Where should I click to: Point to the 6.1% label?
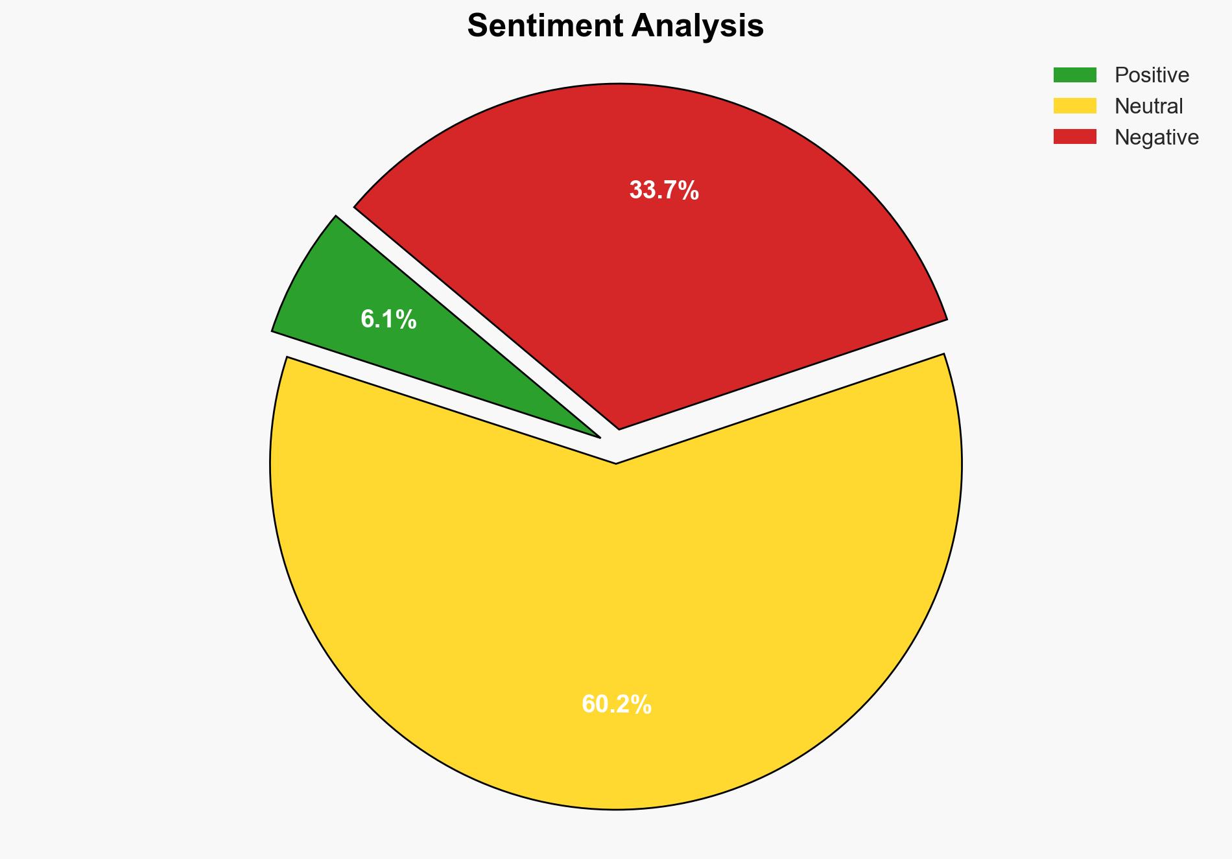pos(388,320)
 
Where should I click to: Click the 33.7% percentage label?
pos(664,191)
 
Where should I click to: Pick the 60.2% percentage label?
pos(616,704)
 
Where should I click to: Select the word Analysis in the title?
pos(698,27)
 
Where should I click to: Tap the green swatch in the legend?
pos(1074,75)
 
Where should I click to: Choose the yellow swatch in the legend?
pos(1074,106)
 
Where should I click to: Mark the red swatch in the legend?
pos(1074,137)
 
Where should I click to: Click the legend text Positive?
pos(1152,75)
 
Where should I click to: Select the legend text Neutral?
pos(1148,106)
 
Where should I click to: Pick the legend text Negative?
pos(1156,137)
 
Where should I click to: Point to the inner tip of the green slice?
pos(598,436)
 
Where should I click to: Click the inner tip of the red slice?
pos(619,427)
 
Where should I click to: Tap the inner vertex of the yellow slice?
pos(615,462)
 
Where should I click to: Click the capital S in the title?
pos(477,27)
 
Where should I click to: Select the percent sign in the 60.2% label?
pos(641,704)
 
